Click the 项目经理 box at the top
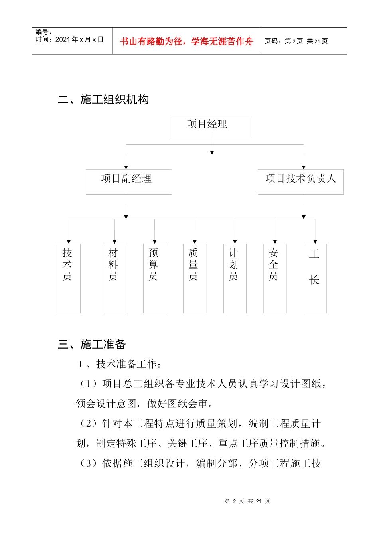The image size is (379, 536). (211, 127)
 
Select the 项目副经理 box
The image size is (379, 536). (128, 182)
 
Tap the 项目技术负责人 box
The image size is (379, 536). (300, 182)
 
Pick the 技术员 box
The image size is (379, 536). (69, 278)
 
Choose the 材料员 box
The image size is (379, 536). (114, 278)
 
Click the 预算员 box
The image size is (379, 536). (154, 278)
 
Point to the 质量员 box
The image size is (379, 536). (195, 278)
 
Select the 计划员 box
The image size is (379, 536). (235, 278)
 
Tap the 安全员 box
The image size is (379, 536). (275, 278)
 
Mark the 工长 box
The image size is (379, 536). (315, 278)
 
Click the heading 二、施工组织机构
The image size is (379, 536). (103, 99)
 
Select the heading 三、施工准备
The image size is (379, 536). (92, 344)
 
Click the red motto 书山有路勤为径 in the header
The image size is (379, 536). (186, 41)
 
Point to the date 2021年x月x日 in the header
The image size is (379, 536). (79, 39)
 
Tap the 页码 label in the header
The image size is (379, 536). (273, 41)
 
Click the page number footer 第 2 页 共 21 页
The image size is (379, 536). (247, 501)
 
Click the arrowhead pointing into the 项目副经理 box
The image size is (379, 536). (126, 167)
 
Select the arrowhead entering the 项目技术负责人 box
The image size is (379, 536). (304, 167)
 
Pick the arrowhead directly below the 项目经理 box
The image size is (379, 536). (212, 152)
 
